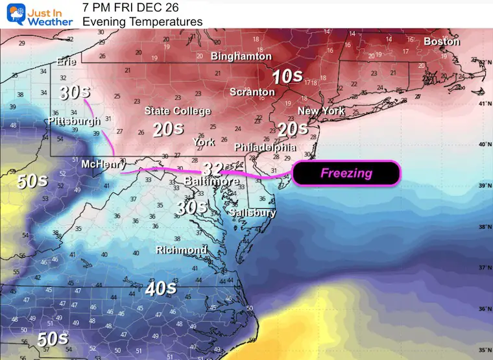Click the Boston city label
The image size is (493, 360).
[441, 42]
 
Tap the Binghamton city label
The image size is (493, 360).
[241, 56]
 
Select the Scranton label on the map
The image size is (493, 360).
[252, 92]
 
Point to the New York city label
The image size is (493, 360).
[321, 111]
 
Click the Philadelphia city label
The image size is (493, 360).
[265, 147]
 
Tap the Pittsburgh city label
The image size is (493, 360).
[74, 121]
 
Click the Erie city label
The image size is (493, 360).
[66, 62]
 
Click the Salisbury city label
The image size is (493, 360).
[252, 212]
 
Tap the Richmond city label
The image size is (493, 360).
[181, 250]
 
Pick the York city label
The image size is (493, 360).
[204, 142]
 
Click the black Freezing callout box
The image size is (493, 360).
[346, 173]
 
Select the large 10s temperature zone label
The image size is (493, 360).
[287, 77]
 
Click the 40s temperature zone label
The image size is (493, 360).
[160, 288]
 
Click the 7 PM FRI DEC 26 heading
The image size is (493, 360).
[130, 8]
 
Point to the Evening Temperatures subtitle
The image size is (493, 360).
[142, 21]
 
